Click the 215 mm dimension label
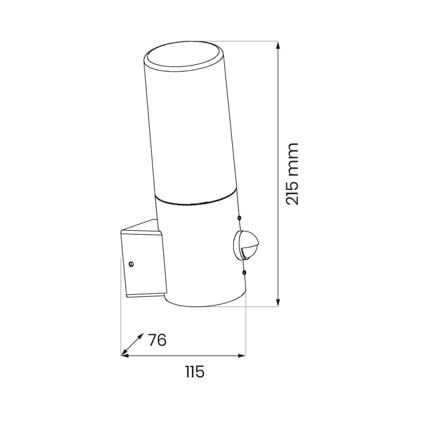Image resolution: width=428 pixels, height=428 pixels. click(292, 174)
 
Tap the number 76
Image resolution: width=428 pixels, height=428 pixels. click(157, 340)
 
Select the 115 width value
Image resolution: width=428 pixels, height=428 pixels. click(195, 371)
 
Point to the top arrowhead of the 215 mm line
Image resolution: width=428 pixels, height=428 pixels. click(279, 45)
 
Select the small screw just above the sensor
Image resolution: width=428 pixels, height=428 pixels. click(240, 218)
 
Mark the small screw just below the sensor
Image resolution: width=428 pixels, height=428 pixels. click(244, 271)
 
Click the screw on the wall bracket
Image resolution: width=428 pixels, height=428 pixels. click(131, 264)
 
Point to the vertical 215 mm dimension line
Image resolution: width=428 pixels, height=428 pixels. click(279, 123)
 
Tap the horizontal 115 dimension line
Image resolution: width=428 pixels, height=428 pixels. click(182, 355)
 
